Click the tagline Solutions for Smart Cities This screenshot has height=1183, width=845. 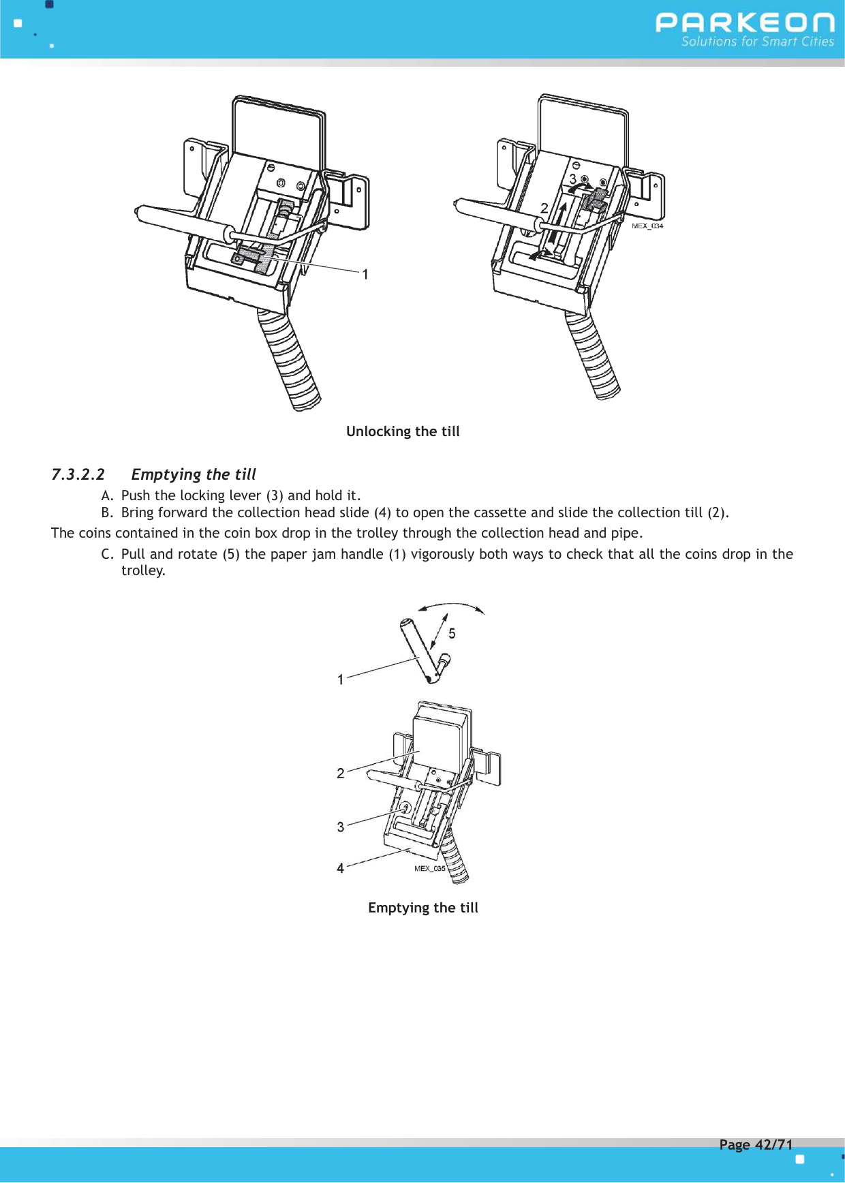click(757, 42)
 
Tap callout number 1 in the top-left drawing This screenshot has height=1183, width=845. click(365, 275)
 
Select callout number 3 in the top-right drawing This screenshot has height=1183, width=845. click(573, 179)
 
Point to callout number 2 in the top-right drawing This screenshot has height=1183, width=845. click(544, 209)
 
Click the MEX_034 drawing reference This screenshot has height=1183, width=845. click(647, 226)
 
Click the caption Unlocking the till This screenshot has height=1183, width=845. click(403, 431)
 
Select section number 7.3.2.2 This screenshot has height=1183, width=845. click(78, 474)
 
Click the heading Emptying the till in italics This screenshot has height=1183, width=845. click(194, 474)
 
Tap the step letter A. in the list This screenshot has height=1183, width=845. click(107, 495)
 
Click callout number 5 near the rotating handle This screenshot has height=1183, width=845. click(452, 634)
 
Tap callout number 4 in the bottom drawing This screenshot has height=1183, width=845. click(340, 868)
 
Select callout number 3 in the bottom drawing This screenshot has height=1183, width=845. click(341, 827)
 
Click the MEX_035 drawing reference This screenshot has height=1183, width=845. click(429, 869)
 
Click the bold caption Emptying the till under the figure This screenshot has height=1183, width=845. click(422, 908)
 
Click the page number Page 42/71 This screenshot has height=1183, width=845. click(756, 1145)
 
